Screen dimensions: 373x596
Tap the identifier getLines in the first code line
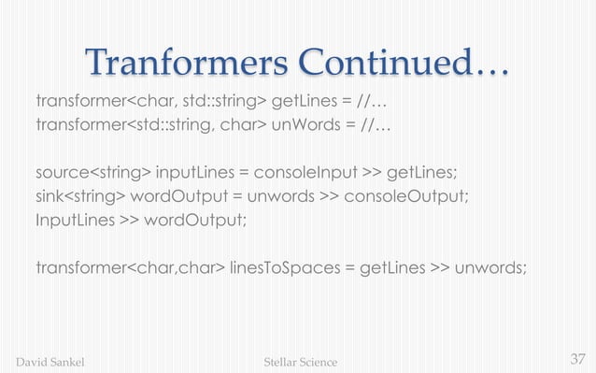(x=303, y=100)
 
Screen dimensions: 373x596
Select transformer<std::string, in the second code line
(x=120, y=124)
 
